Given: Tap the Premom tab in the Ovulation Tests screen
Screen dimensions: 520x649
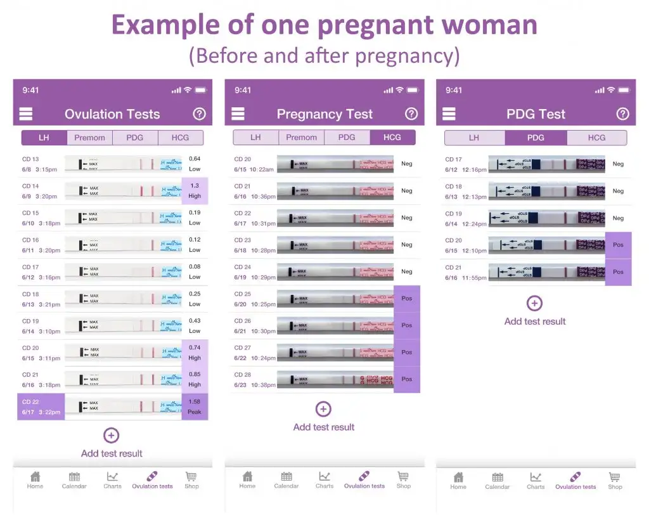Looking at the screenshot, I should (x=89, y=138).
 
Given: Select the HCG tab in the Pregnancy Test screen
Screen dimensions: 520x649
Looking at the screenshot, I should (x=392, y=137).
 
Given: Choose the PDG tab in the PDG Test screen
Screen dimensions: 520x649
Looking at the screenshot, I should (x=536, y=138).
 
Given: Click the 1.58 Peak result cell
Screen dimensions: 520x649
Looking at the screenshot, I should (x=195, y=406).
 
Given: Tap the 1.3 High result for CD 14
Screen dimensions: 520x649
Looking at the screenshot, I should (x=195, y=191).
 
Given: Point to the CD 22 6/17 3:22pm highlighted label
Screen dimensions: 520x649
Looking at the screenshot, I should (x=41, y=406).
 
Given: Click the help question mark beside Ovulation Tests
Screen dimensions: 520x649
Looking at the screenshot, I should (x=199, y=114).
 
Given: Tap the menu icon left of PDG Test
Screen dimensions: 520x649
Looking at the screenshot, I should (x=449, y=114).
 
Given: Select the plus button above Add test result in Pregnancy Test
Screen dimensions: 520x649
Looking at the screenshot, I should (x=323, y=409).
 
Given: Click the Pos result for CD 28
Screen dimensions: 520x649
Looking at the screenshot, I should (x=406, y=379).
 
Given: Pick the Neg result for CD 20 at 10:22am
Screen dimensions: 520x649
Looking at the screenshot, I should (x=406, y=164).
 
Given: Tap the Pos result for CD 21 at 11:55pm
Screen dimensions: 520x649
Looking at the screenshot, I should (x=618, y=272).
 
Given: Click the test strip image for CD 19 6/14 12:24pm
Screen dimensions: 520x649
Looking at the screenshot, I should (x=546, y=218).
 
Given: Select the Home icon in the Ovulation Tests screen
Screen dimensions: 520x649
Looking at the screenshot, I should (x=35, y=479).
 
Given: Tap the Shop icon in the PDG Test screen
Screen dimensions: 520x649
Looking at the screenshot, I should (x=615, y=479).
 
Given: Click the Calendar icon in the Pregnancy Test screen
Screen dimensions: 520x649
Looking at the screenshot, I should (x=286, y=479).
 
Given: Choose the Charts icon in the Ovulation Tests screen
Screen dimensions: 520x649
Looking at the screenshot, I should (x=112, y=479).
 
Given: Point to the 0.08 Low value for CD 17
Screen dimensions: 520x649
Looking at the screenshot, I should (x=195, y=272).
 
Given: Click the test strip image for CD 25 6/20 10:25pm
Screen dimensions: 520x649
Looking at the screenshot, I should (x=335, y=299).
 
